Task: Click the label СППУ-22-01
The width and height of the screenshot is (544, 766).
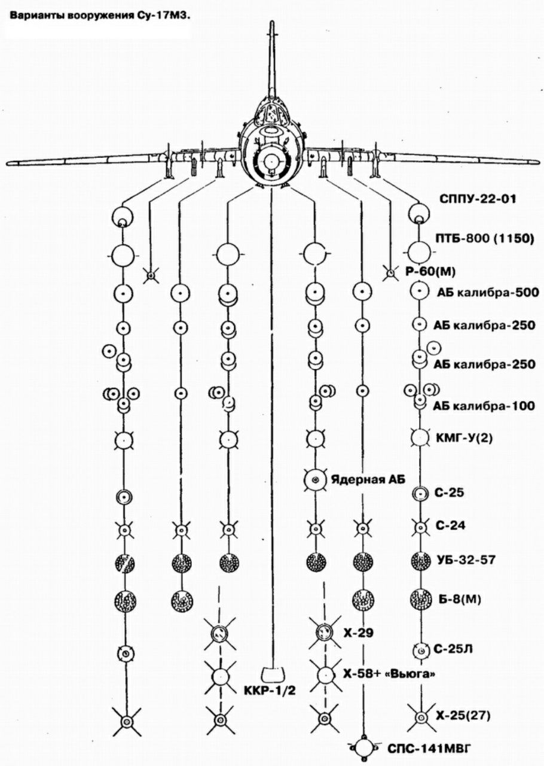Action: coord(478,199)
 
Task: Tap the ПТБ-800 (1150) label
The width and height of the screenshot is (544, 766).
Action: coord(485,238)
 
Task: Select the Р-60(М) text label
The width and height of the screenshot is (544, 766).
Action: coord(430,272)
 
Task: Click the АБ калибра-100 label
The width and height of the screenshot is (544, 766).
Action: coord(484,406)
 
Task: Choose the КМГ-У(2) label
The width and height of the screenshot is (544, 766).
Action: coord(464,438)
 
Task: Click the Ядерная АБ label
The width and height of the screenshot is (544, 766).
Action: coord(368,479)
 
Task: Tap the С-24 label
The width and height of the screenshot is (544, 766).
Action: coord(450,525)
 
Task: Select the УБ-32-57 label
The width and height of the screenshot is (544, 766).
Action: coord(466,560)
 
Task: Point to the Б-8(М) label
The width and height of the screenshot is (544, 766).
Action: coord(460,599)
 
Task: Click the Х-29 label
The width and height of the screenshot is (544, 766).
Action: coord(358,633)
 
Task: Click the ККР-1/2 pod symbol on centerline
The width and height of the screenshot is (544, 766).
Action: coord(273,674)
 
